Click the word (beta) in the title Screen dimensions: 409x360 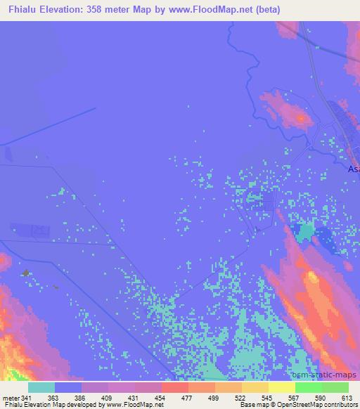pos(335,9)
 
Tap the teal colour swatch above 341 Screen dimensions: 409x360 pos(41,387)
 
